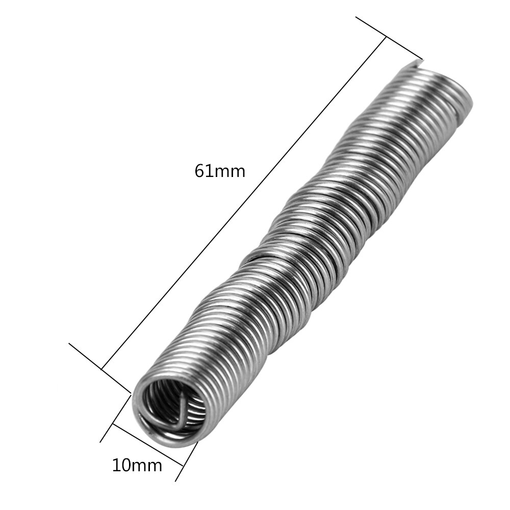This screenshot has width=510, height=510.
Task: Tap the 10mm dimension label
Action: [x=137, y=465]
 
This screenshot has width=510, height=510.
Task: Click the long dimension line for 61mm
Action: [x=245, y=202]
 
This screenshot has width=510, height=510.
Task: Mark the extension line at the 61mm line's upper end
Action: [x=389, y=38]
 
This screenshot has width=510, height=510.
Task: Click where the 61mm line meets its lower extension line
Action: [x=102, y=369]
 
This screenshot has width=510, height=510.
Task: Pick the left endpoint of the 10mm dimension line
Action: [x=113, y=424]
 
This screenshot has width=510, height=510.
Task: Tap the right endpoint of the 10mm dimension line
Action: [x=183, y=465]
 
